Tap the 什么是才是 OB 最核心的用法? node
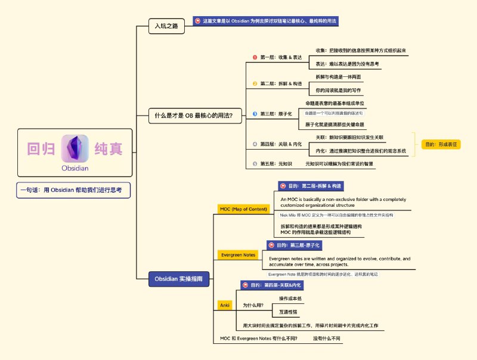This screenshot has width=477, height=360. coord(190,116)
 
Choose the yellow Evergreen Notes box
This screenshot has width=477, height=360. coord(238,255)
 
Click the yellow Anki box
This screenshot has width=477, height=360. coord(225,305)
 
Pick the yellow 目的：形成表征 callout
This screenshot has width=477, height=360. coord(441,144)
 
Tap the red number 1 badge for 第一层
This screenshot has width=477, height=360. coord(255,57)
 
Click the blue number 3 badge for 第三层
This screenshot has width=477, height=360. coord(255,113)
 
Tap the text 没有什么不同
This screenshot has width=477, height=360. coord(327,339)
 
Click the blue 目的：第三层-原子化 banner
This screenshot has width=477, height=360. coord(298,245)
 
